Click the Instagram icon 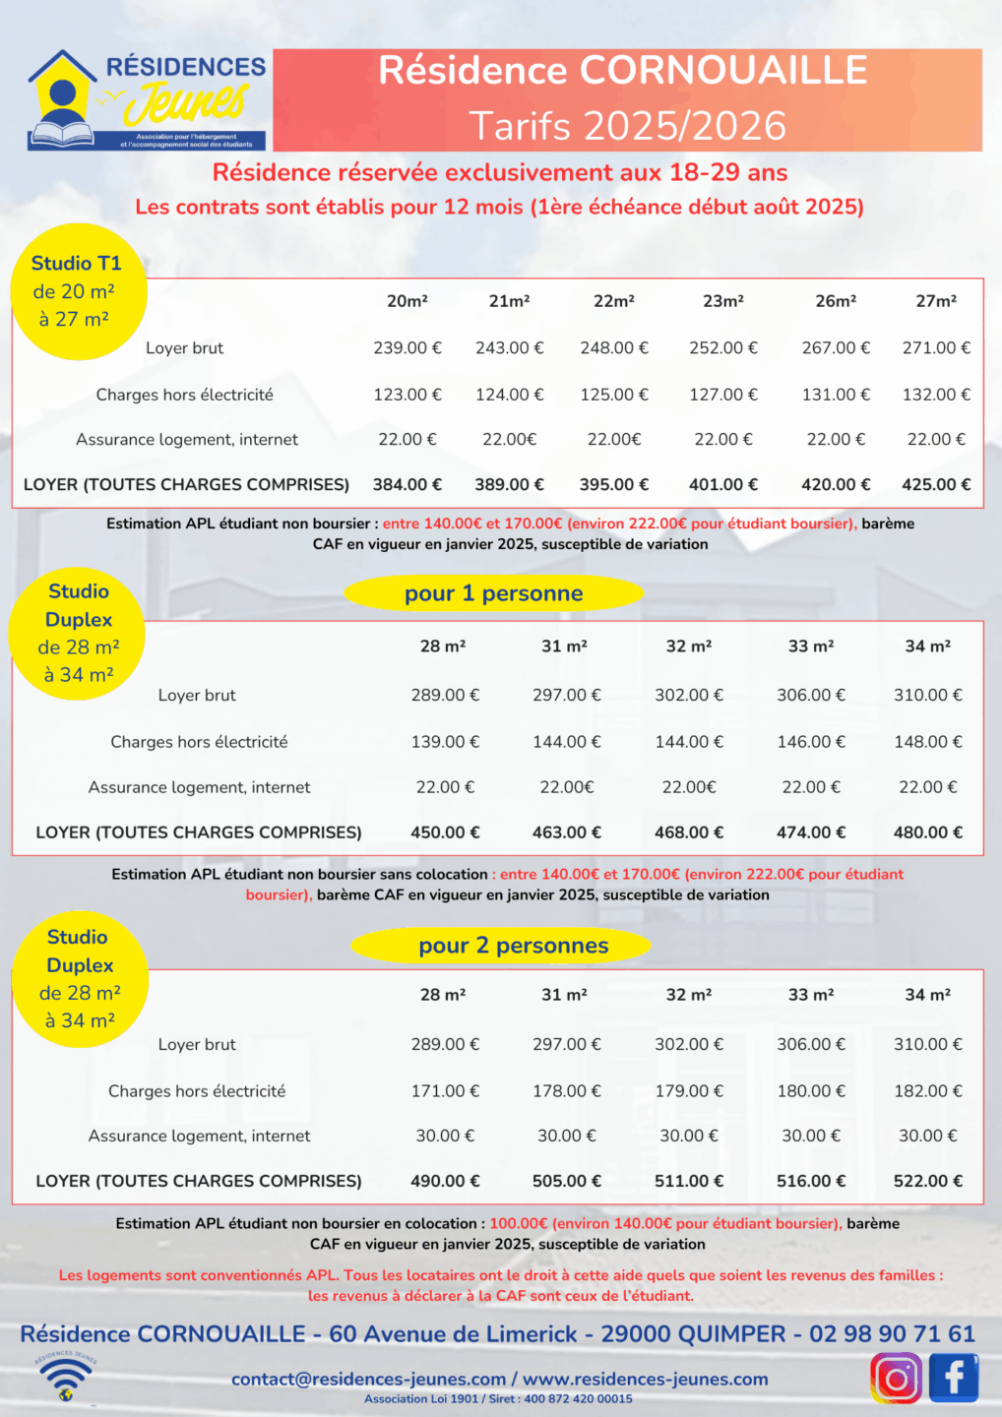pyautogui.click(x=896, y=1378)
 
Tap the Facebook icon pyautogui.click(x=953, y=1378)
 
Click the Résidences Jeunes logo pyautogui.click(x=148, y=99)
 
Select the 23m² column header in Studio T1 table pyautogui.click(x=723, y=301)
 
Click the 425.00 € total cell pyautogui.click(x=936, y=484)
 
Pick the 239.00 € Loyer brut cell pyautogui.click(x=407, y=347)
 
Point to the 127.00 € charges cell pyautogui.click(x=723, y=395)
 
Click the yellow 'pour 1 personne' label pyautogui.click(x=493, y=593)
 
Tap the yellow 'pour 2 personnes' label pyautogui.click(x=513, y=946)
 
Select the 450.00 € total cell pyautogui.click(x=445, y=832)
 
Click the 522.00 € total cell pyautogui.click(x=928, y=1181)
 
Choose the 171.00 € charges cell pyautogui.click(x=445, y=1091)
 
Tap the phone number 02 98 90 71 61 pyautogui.click(x=892, y=1334)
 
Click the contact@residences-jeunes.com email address pyautogui.click(x=369, y=1380)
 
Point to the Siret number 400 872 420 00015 pyautogui.click(x=578, y=1399)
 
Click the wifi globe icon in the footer pyautogui.click(x=66, y=1377)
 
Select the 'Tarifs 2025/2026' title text pyautogui.click(x=627, y=126)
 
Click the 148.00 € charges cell pyautogui.click(x=928, y=742)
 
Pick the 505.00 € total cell pyautogui.click(x=567, y=1181)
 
